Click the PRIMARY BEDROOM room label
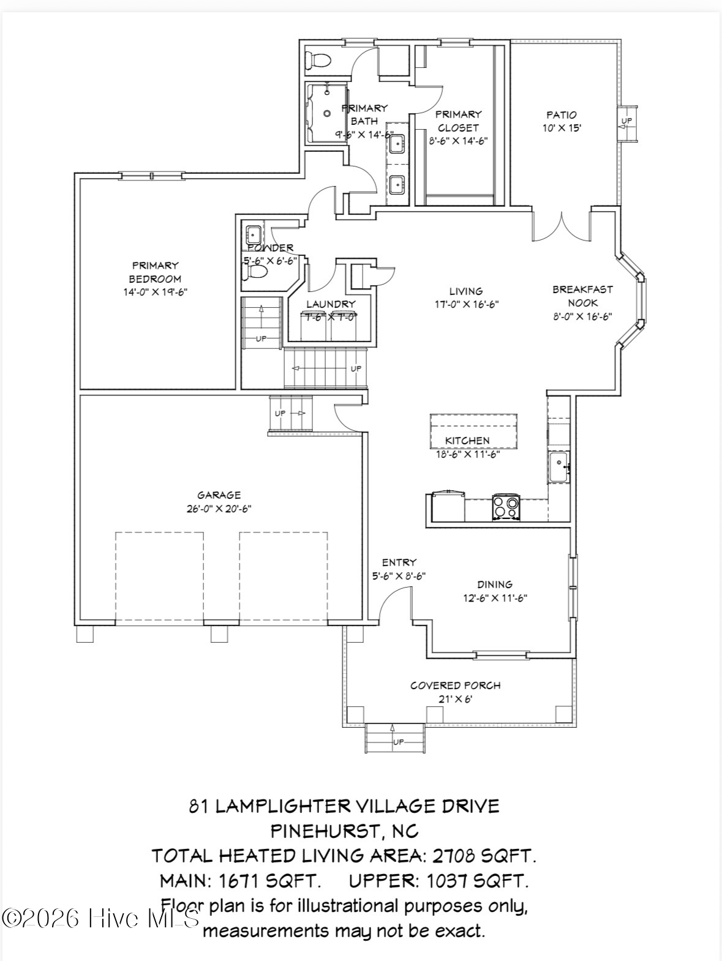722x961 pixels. pyautogui.click(x=155, y=272)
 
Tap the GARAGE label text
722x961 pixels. pyautogui.click(x=219, y=495)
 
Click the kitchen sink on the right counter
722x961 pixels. pyautogui.click(x=558, y=468)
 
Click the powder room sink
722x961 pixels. pyautogui.click(x=253, y=233)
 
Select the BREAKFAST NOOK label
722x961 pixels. pyautogui.click(x=582, y=296)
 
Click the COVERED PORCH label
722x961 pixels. pyautogui.click(x=455, y=686)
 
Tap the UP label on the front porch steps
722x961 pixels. pyautogui.click(x=399, y=742)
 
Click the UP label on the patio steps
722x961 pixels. pyautogui.click(x=627, y=121)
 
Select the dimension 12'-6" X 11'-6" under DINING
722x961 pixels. pyautogui.click(x=495, y=598)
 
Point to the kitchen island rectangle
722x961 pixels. pyautogui.click(x=473, y=431)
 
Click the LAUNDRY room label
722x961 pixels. pyautogui.click(x=331, y=304)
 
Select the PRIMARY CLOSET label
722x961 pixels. pyautogui.click(x=458, y=121)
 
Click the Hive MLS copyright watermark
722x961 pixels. pyautogui.click(x=101, y=918)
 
